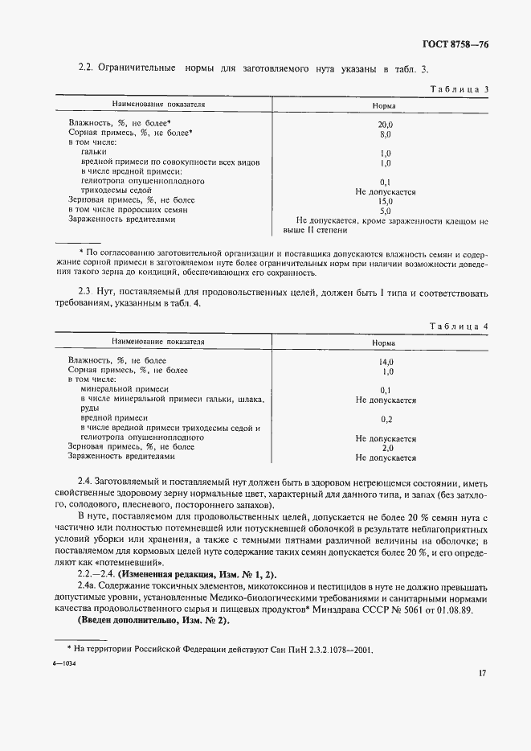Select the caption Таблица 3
pos(460,89)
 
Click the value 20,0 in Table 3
pos(386,125)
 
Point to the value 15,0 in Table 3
pos(386,201)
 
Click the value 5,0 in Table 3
pos(386,210)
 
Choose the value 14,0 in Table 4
pos(386,363)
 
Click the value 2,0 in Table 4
pos(386,448)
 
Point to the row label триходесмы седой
pos(118,191)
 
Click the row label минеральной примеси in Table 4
pos(124,389)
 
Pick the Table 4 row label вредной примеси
pos(114,419)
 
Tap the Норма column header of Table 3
pos(385,105)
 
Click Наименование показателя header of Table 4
pos(164,343)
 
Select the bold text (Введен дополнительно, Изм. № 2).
pos(153,622)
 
